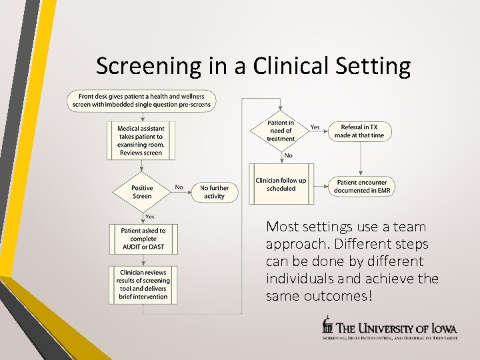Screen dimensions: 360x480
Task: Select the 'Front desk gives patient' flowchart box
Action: (x=141, y=100)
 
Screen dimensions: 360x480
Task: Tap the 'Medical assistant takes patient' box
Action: (x=141, y=140)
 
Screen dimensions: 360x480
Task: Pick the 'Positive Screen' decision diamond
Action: (x=142, y=192)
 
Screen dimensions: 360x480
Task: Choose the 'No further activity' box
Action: (x=214, y=192)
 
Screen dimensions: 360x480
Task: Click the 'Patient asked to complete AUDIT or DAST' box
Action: (x=143, y=239)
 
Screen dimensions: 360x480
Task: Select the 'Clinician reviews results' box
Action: (x=143, y=285)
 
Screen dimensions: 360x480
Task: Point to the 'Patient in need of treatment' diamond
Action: (x=281, y=131)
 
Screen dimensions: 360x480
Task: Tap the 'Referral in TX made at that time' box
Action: (x=359, y=131)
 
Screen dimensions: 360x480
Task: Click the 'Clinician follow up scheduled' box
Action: (x=281, y=185)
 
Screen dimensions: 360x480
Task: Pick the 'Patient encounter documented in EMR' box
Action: (x=361, y=186)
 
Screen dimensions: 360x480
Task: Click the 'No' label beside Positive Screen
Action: (x=179, y=187)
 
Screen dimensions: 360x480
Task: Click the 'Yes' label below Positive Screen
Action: (x=150, y=216)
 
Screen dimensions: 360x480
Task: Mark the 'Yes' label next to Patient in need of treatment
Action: (x=315, y=127)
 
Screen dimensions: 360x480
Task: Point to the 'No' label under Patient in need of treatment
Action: (x=288, y=155)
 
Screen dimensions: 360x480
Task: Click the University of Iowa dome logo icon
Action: (x=327, y=326)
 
